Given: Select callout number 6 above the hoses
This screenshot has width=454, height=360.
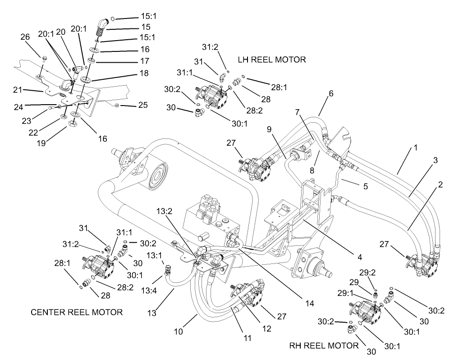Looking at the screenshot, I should coord(331,93).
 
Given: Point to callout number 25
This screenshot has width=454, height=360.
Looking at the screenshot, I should coord(143,105).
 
